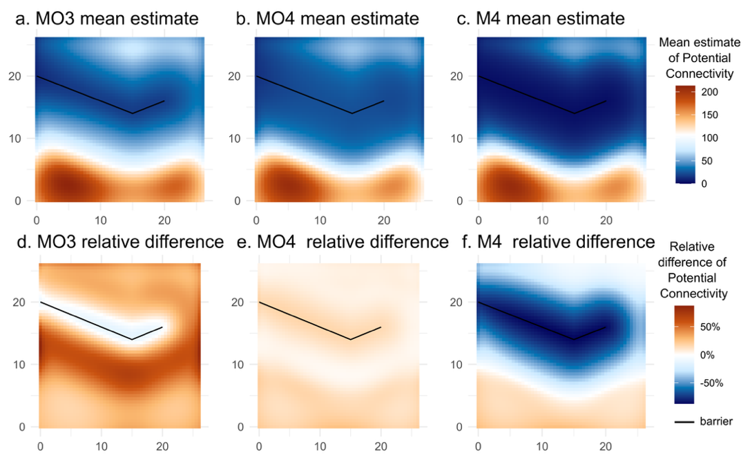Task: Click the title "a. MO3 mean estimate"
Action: [x=107, y=19]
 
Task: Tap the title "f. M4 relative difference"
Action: [x=556, y=242]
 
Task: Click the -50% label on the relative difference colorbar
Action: [x=711, y=383]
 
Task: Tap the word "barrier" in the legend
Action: [x=716, y=421]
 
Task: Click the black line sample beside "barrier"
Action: [x=684, y=421]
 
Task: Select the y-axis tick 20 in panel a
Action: [x=20, y=76]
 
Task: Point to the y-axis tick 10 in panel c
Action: [x=460, y=138]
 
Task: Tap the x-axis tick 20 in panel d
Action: [x=163, y=441]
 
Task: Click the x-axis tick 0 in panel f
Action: [x=477, y=441]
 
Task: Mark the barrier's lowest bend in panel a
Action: [x=132, y=113]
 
